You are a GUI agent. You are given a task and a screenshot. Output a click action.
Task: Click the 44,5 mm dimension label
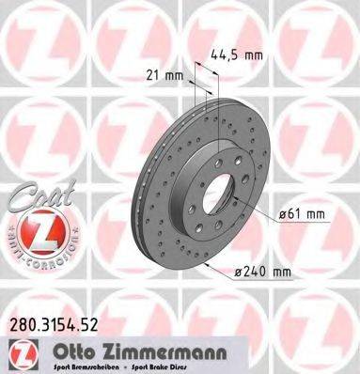(x=235, y=55)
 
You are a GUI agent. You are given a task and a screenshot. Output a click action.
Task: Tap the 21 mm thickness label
(x=164, y=74)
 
